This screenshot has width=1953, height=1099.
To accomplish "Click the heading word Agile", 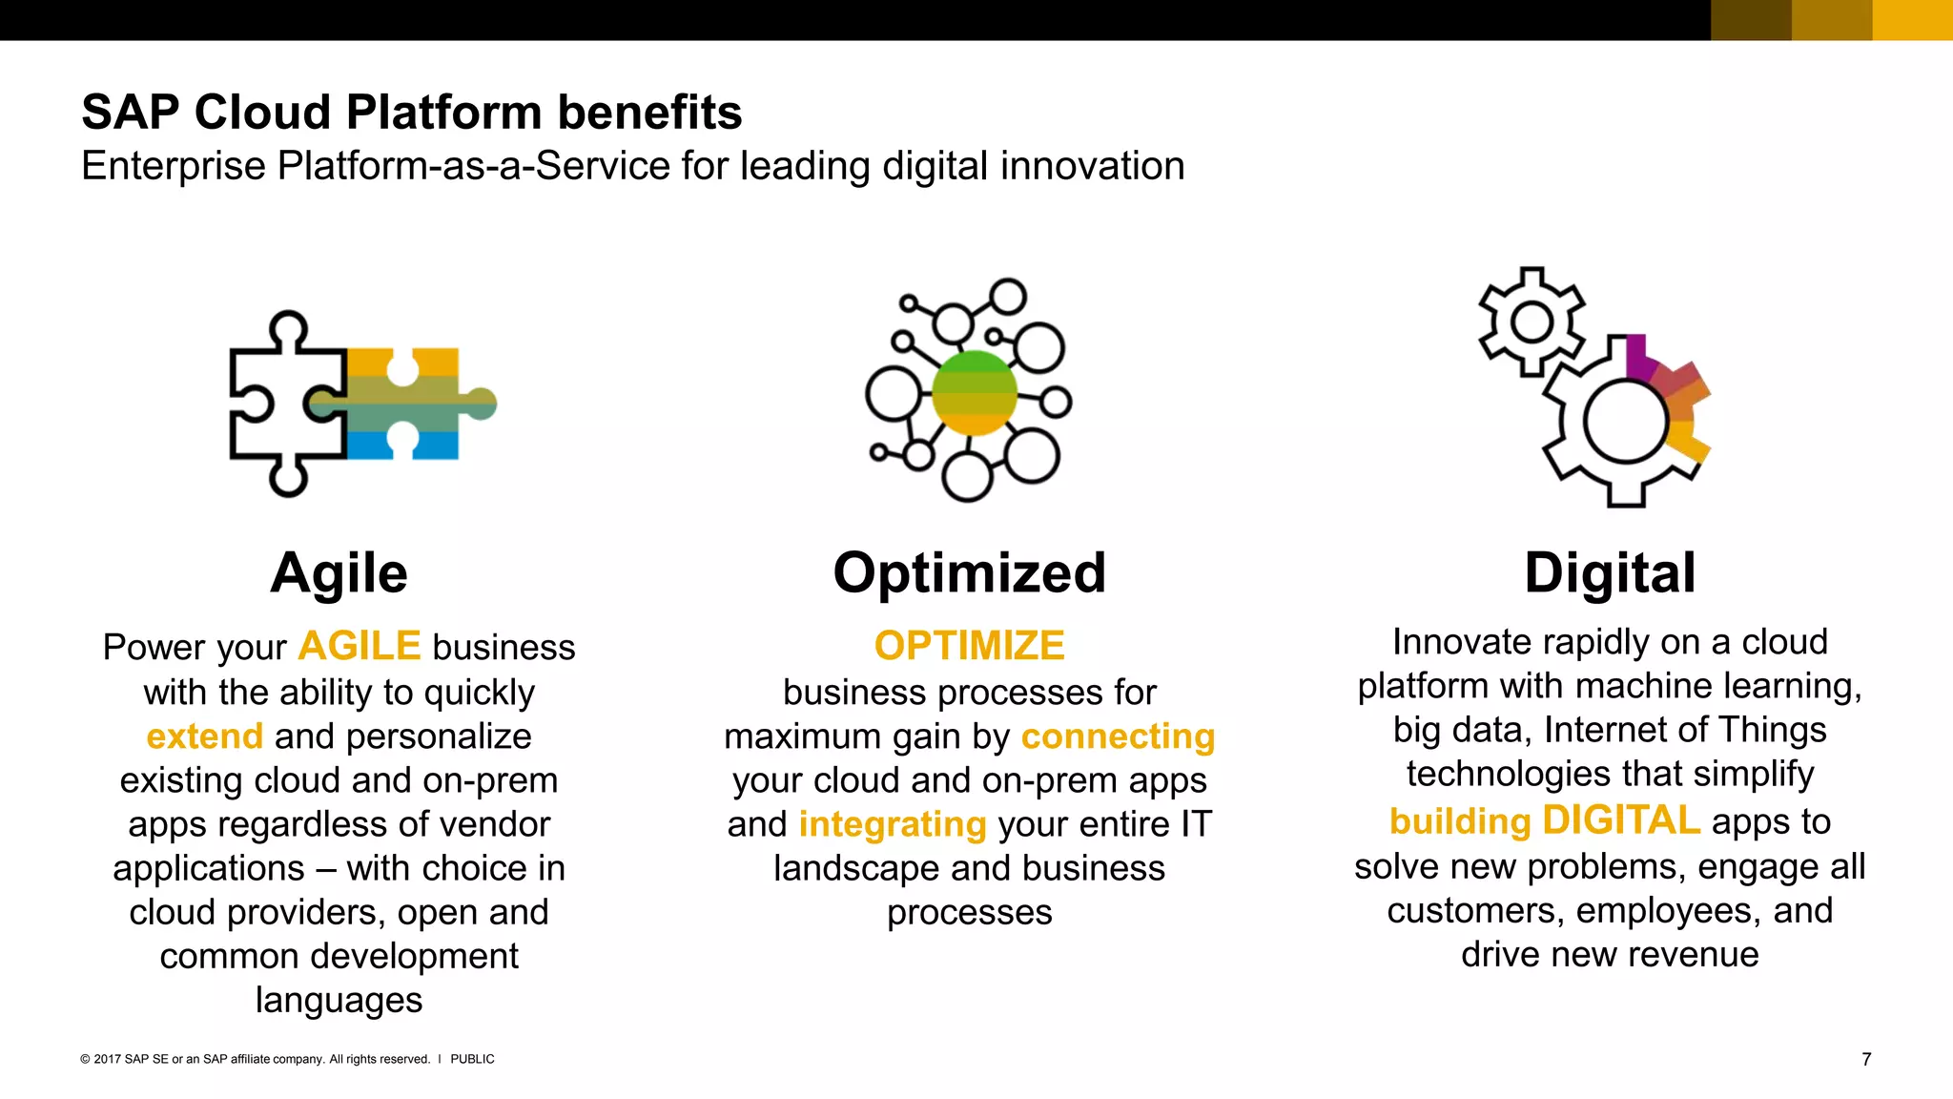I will (x=339, y=573).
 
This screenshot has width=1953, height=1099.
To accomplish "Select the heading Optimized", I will (x=969, y=573).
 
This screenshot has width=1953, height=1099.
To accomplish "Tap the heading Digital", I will (x=1610, y=573).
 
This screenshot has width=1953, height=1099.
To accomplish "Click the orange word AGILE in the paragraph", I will (x=359, y=647).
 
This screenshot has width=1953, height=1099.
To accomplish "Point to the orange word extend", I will (x=204, y=736).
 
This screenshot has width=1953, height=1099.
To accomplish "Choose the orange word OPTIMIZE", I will (x=969, y=646).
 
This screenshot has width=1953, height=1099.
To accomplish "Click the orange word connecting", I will (x=1118, y=736).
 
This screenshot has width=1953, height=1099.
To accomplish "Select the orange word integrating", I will (x=892, y=824).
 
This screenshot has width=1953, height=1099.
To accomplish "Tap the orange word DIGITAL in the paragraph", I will (x=1620, y=820).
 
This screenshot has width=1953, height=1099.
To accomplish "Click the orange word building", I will (x=1460, y=821).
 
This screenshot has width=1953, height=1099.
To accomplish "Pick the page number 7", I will (x=1866, y=1059).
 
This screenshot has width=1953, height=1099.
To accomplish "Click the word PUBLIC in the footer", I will (x=472, y=1059).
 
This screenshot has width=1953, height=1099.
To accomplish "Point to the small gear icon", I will (x=1532, y=321).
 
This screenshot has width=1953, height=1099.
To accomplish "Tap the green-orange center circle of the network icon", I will (x=974, y=392).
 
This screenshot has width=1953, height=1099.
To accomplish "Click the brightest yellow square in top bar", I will (x=1912, y=20).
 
